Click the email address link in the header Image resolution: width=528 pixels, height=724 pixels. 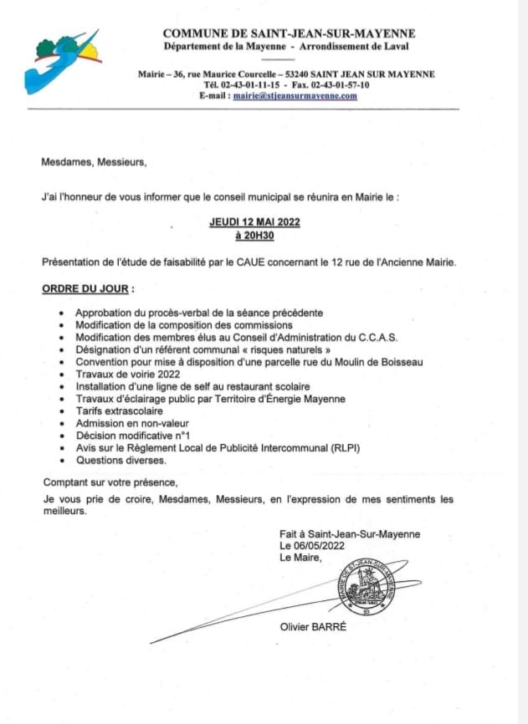click(295, 96)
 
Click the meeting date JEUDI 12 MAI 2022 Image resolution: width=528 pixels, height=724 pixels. click(254, 222)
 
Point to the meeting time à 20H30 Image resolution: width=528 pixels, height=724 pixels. click(254, 236)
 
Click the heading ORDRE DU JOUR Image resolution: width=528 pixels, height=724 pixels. click(85, 288)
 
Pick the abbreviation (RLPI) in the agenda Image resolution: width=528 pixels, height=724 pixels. click(342, 448)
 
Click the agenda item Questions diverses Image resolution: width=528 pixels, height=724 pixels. click(120, 460)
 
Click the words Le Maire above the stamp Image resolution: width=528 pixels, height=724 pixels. click(300, 558)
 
